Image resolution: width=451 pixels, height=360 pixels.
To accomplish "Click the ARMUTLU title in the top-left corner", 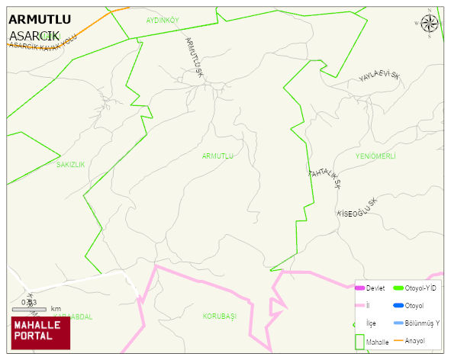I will coord(40,20).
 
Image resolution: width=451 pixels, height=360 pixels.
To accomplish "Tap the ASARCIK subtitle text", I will coord(34,36).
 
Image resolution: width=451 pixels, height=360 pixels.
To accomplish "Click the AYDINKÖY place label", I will coord(162,19).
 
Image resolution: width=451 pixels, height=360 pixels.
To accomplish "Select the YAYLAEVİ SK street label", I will coord(379,76).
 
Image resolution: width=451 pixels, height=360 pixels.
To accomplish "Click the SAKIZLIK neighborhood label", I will coord(70,164).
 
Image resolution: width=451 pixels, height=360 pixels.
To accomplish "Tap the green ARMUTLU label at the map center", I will coord(217,156).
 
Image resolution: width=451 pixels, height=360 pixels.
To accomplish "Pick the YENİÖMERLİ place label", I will coord(375,156).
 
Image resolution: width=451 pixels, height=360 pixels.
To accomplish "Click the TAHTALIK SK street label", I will coord(324,178).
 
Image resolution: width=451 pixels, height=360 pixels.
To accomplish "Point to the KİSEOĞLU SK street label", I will coord(357,207).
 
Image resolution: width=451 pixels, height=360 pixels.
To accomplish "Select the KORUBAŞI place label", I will coord(220,316).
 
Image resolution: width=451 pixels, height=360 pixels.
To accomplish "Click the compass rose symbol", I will coord(430,23).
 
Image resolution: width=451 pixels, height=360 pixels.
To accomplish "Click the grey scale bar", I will coord(31,308).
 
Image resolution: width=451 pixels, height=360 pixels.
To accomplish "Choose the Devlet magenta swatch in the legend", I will coord(360,288).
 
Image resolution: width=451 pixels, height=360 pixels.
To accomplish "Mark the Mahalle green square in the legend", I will coord(359,341).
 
